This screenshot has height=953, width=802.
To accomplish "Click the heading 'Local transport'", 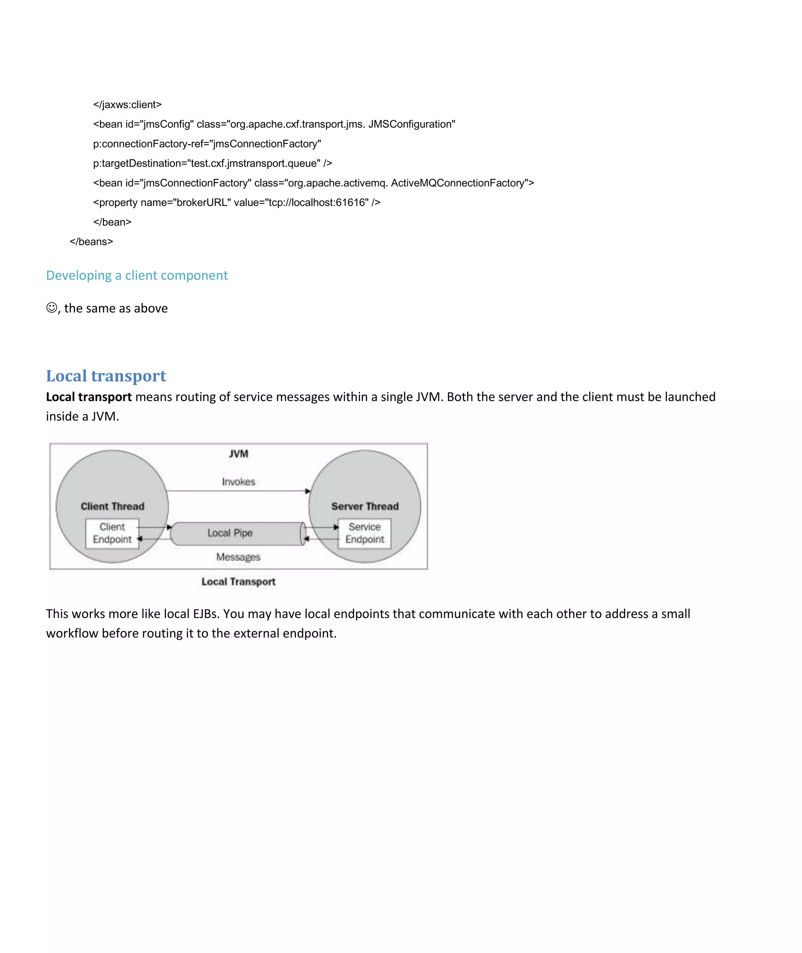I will point(106,376).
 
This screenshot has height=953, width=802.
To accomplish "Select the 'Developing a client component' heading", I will point(136,275).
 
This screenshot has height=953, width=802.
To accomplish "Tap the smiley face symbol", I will point(52,308).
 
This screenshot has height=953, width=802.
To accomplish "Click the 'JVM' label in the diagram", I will point(238,453).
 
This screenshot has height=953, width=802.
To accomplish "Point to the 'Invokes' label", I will point(238,481).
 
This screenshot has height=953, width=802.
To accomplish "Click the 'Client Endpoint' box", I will point(112,533).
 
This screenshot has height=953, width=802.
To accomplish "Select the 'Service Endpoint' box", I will point(364,533).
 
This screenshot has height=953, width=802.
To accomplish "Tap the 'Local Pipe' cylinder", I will point(237,533).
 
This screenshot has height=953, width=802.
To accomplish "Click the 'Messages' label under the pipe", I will point(238,557).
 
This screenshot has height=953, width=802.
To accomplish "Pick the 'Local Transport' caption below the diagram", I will point(238,582).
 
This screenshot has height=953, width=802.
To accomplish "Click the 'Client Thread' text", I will point(112,506).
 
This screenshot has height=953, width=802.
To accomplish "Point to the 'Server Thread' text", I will point(365,506).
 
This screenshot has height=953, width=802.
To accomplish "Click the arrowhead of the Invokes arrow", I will point(308,491).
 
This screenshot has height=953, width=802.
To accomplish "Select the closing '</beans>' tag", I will point(91,241).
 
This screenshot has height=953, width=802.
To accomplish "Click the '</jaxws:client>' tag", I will point(127,105).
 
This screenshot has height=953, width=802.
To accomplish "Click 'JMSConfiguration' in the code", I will point(412,124).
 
